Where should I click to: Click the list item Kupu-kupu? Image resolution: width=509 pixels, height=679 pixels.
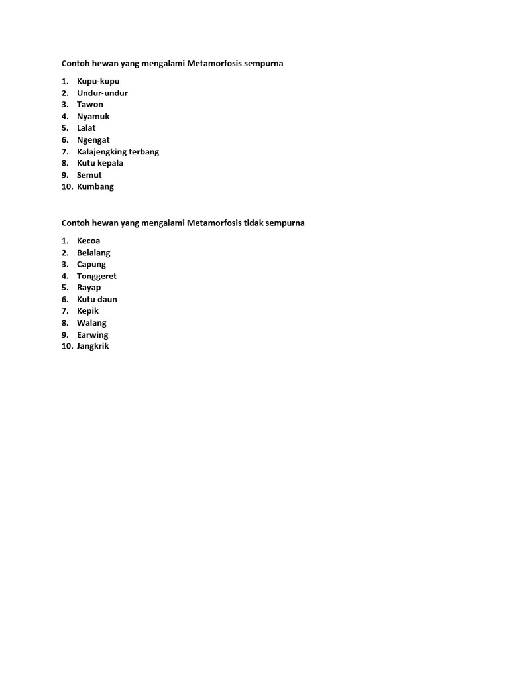(98, 81)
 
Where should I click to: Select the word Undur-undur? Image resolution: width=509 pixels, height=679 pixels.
(102, 93)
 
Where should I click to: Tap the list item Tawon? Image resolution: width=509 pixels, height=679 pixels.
(90, 104)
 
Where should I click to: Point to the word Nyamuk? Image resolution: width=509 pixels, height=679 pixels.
(93, 116)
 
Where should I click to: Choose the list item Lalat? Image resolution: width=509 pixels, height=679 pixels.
(86, 128)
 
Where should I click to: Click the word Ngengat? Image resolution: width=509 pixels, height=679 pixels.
(93, 140)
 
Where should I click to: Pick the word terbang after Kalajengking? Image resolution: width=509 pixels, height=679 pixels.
(144, 152)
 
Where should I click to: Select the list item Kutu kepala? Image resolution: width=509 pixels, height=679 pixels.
(100, 163)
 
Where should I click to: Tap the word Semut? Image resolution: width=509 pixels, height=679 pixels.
(89, 175)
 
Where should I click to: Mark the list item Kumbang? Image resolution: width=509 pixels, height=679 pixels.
(95, 186)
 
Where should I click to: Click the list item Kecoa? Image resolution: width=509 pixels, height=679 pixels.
(89, 241)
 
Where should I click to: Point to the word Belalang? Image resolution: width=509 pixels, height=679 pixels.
(93, 253)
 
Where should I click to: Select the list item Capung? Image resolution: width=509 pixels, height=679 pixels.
(91, 264)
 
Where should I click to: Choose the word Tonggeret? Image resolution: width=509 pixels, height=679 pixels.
(97, 276)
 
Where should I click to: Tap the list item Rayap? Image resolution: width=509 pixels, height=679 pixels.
(89, 288)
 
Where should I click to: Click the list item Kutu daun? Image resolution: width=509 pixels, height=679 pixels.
(97, 299)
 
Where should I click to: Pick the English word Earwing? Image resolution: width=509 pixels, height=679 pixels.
(93, 335)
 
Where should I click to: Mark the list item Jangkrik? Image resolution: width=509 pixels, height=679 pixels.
(93, 346)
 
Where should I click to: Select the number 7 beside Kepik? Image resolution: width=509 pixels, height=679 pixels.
(65, 311)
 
